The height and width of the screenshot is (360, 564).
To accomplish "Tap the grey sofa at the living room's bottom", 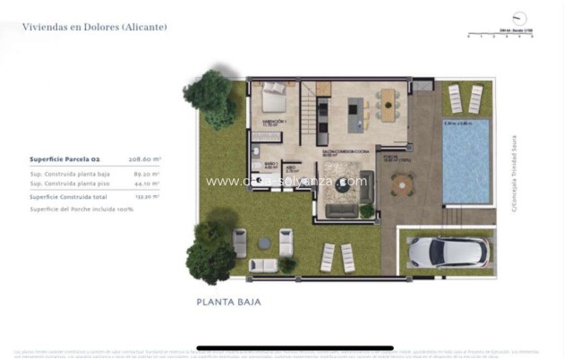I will (x=340, y=211).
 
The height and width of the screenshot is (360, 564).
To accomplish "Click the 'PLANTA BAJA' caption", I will (x=228, y=303).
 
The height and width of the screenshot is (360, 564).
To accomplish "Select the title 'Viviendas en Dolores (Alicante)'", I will (x=94, y=27).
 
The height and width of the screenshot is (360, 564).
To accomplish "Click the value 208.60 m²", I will (x=144, y=159).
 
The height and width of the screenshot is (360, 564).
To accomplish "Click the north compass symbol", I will (x=519, y=18).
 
